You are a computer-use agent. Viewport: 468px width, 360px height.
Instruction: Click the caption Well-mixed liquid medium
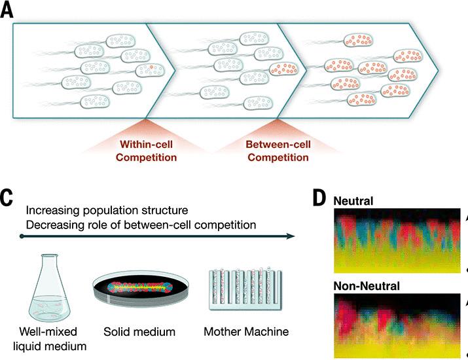(x=47, y=339)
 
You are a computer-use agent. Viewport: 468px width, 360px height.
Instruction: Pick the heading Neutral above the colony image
(x=354, y=200)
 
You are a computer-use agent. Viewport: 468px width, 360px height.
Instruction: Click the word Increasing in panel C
(x=54, y=211)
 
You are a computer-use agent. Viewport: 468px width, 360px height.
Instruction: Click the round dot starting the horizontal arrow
(x=22, y=235)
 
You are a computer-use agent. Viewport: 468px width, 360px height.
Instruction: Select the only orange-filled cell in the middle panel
(x=283, y=70)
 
